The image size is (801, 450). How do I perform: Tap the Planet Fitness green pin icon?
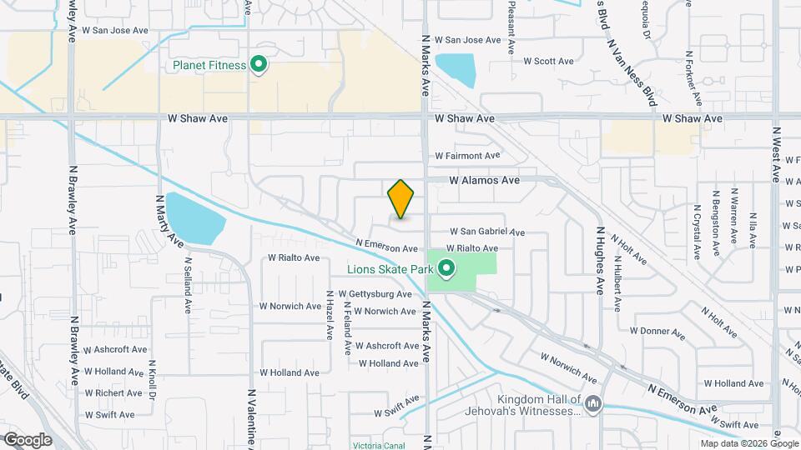point(259,65)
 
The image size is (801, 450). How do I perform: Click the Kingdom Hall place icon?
point(592,404)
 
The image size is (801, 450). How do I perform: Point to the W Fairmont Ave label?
point(466,156)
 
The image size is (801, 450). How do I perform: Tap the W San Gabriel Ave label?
point(487,232)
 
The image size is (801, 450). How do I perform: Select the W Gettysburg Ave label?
point(375,294)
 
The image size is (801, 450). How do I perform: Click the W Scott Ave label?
point(548,61)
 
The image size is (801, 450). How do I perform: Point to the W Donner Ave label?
point(657,331)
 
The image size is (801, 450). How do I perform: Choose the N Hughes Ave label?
point(599,260)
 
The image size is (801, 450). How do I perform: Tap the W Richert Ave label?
point(113,393)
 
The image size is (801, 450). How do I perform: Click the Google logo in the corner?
point(28,440)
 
